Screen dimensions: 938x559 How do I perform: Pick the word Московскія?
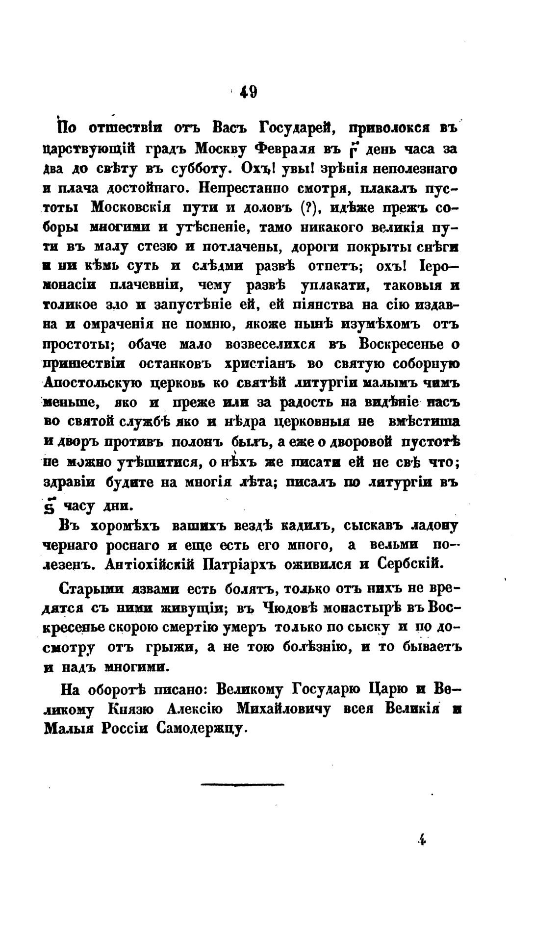(131, 207)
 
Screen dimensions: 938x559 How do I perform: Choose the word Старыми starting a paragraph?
(91, 588)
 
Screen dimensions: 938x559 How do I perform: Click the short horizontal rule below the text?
(243, 785)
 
